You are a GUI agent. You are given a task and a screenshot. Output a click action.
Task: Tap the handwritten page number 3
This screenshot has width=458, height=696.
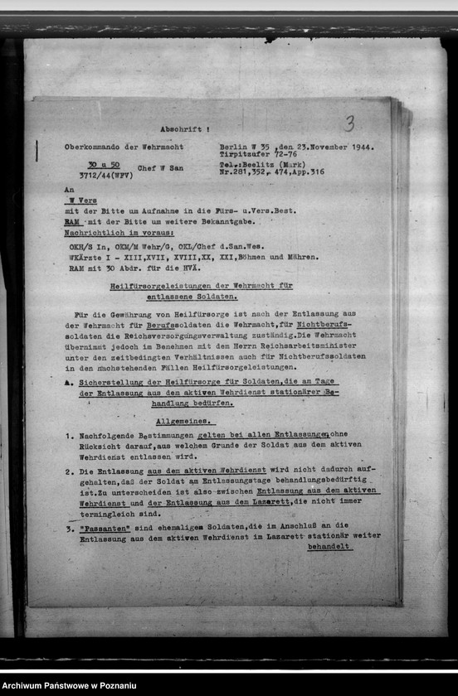[349, 124]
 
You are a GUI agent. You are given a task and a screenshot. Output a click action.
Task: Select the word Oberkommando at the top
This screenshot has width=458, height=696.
[93, 147]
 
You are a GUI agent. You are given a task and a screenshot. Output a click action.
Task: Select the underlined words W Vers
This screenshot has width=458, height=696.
[81, 200]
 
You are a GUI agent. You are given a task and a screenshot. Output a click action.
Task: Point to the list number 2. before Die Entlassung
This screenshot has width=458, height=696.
[69, 471]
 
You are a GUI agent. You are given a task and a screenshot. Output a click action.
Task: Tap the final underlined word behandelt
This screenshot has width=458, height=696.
[329, 547]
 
